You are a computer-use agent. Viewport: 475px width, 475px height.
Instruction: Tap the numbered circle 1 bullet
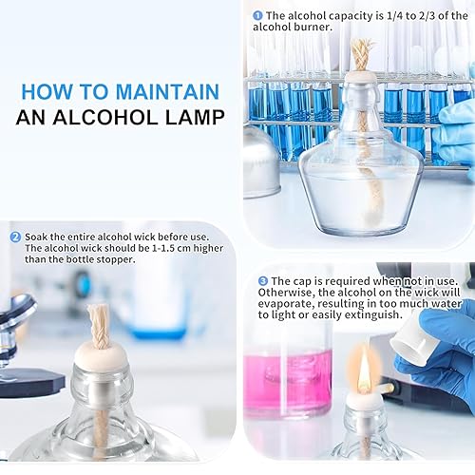point(258,16)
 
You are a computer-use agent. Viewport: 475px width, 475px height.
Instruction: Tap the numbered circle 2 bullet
point(16,237)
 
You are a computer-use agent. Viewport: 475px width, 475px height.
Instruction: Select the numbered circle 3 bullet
point(263,281)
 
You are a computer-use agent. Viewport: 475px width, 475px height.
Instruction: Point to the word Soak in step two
point(38,237)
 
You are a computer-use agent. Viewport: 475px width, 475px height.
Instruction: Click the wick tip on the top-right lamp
point(362,52)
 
